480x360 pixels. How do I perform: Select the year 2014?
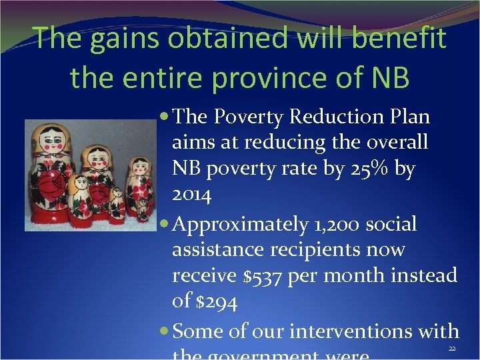(191, 195)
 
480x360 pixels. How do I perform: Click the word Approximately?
(241, 225)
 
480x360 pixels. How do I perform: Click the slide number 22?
(453, 349)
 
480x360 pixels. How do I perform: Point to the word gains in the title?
(125, 38)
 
